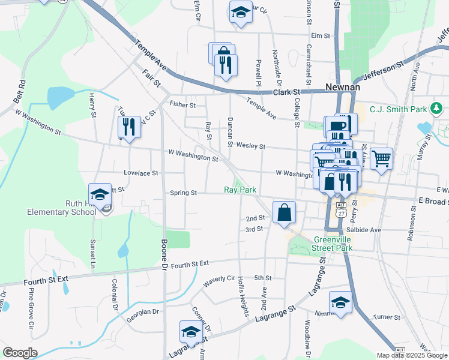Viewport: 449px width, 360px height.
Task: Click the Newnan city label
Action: (x=342, y=87)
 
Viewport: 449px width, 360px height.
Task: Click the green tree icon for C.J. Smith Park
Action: (x=438, y=109)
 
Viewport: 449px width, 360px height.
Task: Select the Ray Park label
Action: (x=240, y=190)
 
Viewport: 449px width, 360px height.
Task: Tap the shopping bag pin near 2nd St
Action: (x=283, y=212)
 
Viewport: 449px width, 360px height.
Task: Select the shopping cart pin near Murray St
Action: (x=381, y=158)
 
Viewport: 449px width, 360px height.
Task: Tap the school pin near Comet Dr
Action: (x=191, y=331)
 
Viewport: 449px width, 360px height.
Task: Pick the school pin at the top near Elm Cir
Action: (x=240, y=12)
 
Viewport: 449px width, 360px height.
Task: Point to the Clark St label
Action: (x=286, y=92)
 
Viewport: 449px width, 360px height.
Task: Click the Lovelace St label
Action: (x=140, y=173)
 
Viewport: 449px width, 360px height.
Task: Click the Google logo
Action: (x=20, y=352)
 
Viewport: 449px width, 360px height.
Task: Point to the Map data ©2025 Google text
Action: (x=412, y=355)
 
